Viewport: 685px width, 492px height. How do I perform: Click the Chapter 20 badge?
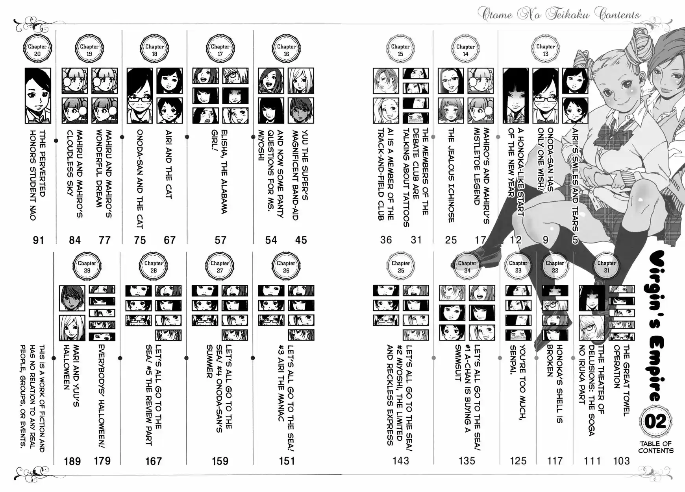pos(37,50)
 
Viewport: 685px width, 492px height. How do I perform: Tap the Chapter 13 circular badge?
pos(545,50)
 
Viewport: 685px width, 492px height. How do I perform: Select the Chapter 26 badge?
pos(286,266)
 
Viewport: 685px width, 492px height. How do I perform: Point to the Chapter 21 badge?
pos(607,266)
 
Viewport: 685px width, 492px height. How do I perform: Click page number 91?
pos(38,240)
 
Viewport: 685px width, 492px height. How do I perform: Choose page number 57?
pos(220,240)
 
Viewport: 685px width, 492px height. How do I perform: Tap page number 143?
pos(401,461)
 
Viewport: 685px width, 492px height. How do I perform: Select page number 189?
pos(72,461)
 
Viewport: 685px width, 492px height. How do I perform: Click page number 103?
pos(622,461)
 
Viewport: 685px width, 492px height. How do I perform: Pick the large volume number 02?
pos(655,422)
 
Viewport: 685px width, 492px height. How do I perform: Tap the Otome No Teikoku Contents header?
pos(559,15)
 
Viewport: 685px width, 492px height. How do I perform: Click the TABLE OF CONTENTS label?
pos(656,447)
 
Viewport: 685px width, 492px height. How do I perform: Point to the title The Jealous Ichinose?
pos(452,175)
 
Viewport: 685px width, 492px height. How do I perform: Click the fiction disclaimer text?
pos(33,397)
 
